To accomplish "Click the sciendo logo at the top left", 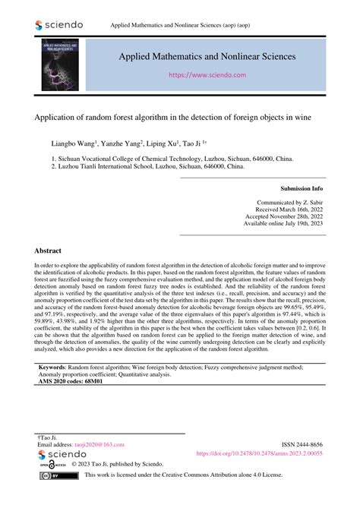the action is click(x=58, y=25).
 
